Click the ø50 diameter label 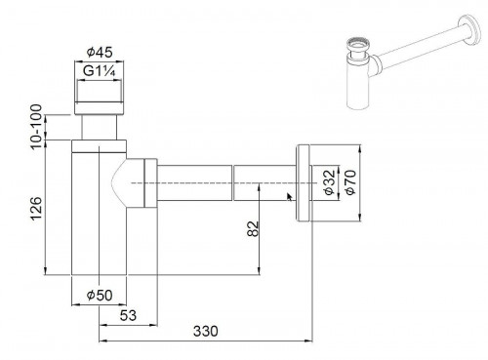[97, 295]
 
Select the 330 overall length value [206, 332]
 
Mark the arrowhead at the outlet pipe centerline [290, 195]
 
